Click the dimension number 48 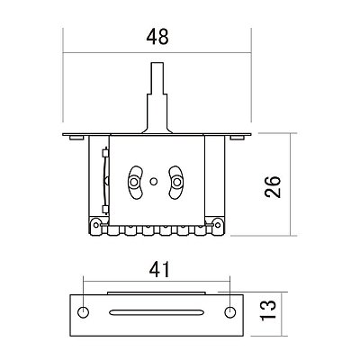(x=157, y=37)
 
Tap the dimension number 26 (x=273, y=186)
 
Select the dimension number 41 (x=159, y=269)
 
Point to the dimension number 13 (x=268, y=310)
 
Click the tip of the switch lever (x=157, y=63)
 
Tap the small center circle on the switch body (x=153, y=182)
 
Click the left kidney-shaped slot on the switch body (x=135, y=182)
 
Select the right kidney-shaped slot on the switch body (x=176, y=182)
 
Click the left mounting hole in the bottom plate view (x=83, y=312)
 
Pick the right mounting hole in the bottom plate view (x=230, y=312)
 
